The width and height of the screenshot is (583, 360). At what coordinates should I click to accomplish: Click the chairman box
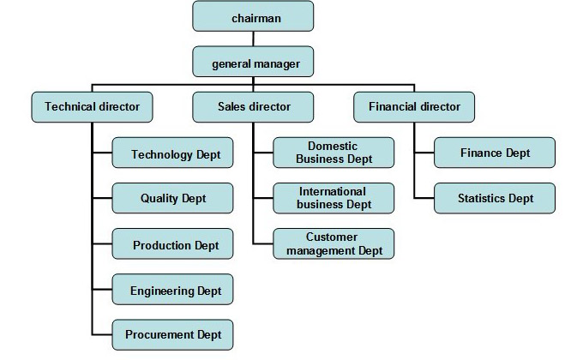[253, 16]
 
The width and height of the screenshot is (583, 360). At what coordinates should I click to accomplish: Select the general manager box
[253, 62]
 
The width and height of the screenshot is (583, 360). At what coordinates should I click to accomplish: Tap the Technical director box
[92, 107]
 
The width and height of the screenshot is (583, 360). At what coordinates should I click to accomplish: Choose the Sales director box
[253, 107]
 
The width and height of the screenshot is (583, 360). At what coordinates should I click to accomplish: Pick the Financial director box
[414, 107]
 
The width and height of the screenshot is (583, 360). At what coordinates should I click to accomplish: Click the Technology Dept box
[172, 153]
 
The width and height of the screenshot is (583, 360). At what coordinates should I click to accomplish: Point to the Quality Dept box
[172, 198]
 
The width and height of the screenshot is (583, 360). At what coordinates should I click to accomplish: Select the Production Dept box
[172, 243]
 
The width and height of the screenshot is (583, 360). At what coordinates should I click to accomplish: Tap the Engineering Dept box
[172, 290]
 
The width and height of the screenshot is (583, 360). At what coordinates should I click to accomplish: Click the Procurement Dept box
[172, 334]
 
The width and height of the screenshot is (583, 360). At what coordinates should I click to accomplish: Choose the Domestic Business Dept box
[334, 153]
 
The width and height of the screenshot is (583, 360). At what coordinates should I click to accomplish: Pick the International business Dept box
[334, 198]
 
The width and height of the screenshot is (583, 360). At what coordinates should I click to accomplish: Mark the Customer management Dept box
[334, 243]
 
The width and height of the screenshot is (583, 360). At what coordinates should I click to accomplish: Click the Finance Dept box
[495, 153]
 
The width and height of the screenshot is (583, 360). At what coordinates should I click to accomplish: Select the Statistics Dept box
[495, 198]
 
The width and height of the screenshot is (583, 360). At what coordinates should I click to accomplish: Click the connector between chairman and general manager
[253, 39]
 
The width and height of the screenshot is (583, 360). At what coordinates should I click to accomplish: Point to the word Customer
[332, 237]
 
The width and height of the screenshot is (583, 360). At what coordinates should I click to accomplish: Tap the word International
[333, 191]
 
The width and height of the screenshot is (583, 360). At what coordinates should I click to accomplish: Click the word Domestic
[333, 146]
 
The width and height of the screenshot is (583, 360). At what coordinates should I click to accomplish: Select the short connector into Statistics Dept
[424, 198]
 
